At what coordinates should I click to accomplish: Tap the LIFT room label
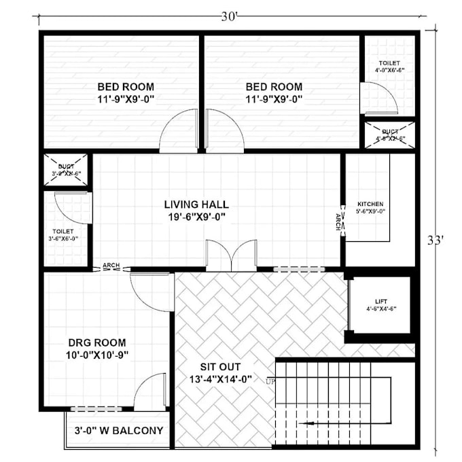click(x=381, y=304)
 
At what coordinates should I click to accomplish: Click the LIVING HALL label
click(x=196, y=204)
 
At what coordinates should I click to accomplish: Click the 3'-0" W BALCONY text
click(x=118, y=430)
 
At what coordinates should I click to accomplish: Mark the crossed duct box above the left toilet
click(x=66, y=169)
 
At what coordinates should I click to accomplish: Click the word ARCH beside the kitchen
click(x=338, y=221)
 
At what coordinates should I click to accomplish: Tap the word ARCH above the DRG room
click(x=111, y=265)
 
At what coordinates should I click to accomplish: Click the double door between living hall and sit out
click(x=231, y=256)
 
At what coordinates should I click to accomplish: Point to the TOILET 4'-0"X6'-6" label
click(x=389, y=67)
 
